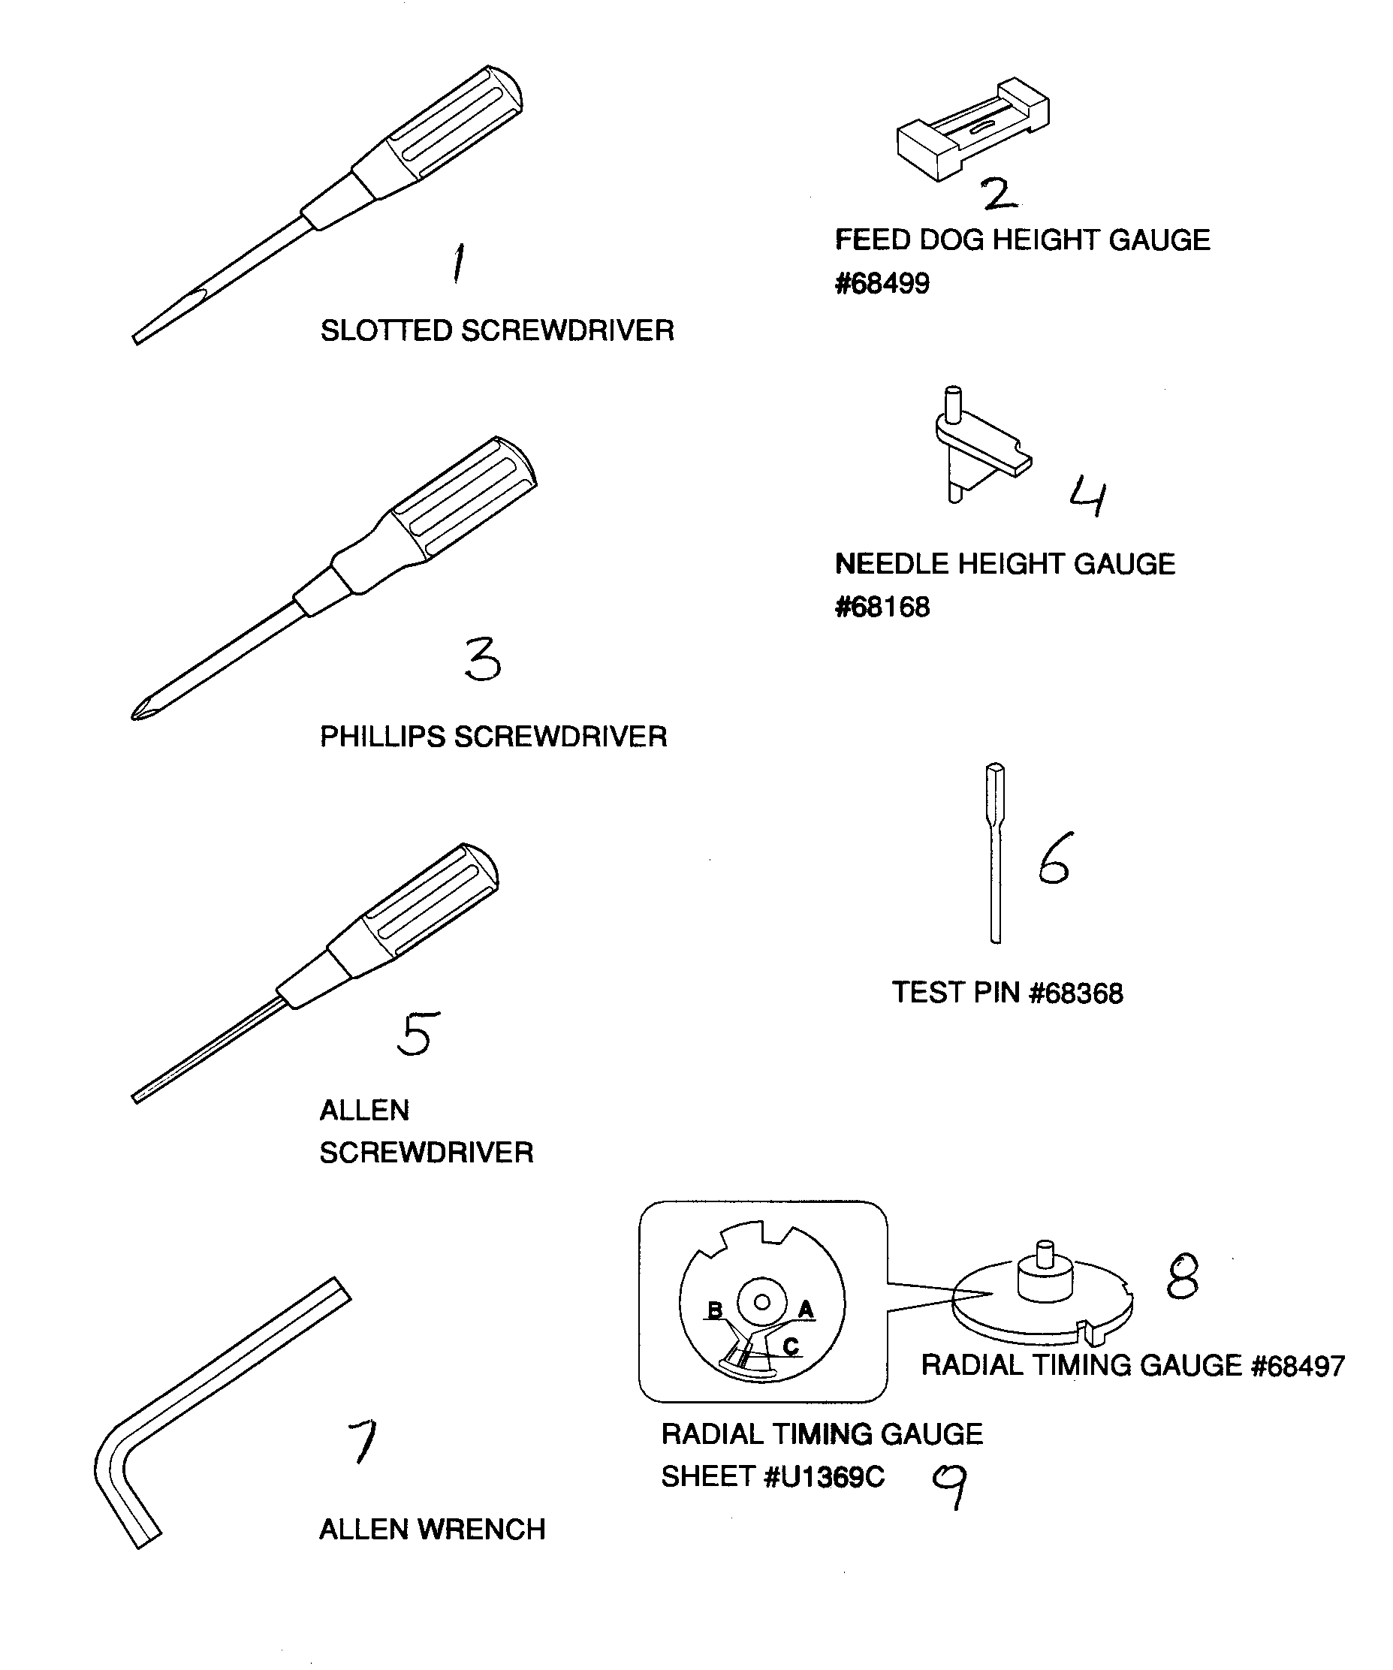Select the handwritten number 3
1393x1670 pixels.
click(x=483, y=659)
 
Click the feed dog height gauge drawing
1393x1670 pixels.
click(x=972, y=130)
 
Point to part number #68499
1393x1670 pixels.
click(x=882, y=284)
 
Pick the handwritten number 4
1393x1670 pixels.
click(x=1087, y=496)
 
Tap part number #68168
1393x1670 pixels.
click(x=882, y=607)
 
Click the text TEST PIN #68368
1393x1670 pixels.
click(x=1006, y=993)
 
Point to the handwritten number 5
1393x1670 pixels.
click(x=418, y=1033)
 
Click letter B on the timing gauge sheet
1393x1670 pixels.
click(x=715, y=1310)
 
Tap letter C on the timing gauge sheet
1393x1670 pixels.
click(x=790, y=1346)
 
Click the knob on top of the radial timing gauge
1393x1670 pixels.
click(x=1045, y=1271)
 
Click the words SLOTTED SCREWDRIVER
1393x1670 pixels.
click(x=497, y=331)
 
